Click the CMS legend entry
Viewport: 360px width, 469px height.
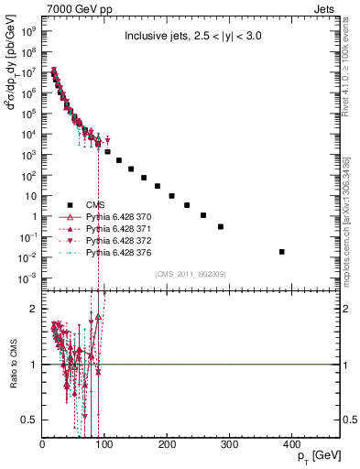(x=96, y=205)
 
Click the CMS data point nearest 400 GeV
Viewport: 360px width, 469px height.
(x=281, y=252)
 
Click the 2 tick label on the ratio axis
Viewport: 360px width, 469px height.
(x=35, y=310)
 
